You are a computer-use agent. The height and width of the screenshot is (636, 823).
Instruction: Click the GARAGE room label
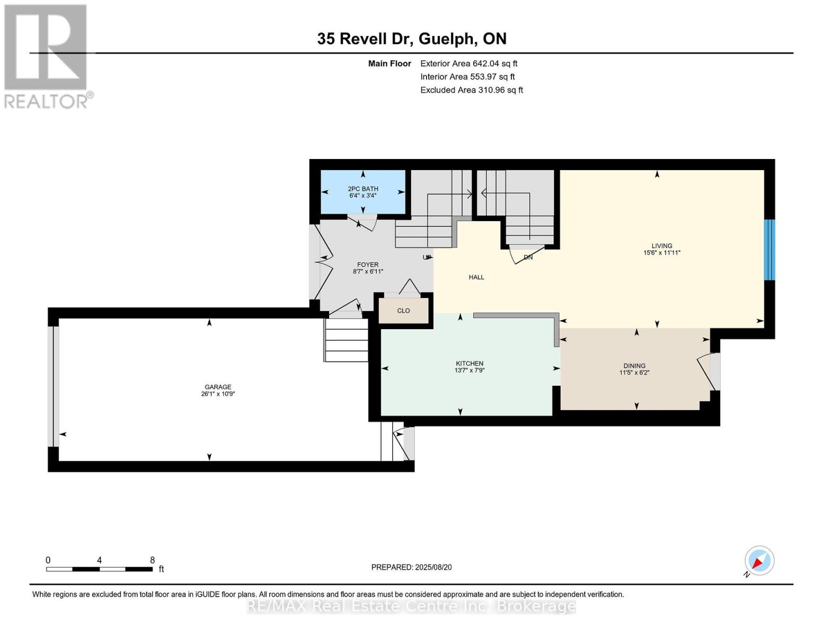point(218,387)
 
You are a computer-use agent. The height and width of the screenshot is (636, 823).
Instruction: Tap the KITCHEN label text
point(469,363)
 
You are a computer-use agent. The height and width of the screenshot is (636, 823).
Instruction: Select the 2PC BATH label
point(363,189)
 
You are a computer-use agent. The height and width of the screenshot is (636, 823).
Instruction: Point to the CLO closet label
point(403,311)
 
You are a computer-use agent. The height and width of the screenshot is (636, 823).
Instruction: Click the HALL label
point(476,277)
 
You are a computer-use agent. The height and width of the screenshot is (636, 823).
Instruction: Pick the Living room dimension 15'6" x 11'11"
point(662,253)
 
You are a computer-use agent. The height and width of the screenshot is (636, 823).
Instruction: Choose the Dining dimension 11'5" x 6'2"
point(634,373)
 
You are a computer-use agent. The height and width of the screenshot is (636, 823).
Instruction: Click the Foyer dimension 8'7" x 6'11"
point(367,271)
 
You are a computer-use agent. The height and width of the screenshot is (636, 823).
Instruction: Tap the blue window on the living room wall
point(769,250)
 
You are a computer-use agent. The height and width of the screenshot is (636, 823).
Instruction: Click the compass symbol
point(759,561)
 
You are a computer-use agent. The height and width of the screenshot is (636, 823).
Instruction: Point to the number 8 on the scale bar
point(153,560)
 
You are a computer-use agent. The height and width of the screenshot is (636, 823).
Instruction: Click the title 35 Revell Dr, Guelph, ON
point(412,39)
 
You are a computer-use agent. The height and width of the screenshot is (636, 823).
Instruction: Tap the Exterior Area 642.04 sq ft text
point(468,64)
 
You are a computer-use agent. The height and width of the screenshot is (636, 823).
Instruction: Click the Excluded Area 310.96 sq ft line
point(472,90)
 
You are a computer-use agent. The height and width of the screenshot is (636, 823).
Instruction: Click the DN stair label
point(528,257)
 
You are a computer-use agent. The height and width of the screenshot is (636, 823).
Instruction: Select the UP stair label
point(427,257)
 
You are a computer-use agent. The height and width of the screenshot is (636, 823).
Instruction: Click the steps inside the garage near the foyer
point(346,340)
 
